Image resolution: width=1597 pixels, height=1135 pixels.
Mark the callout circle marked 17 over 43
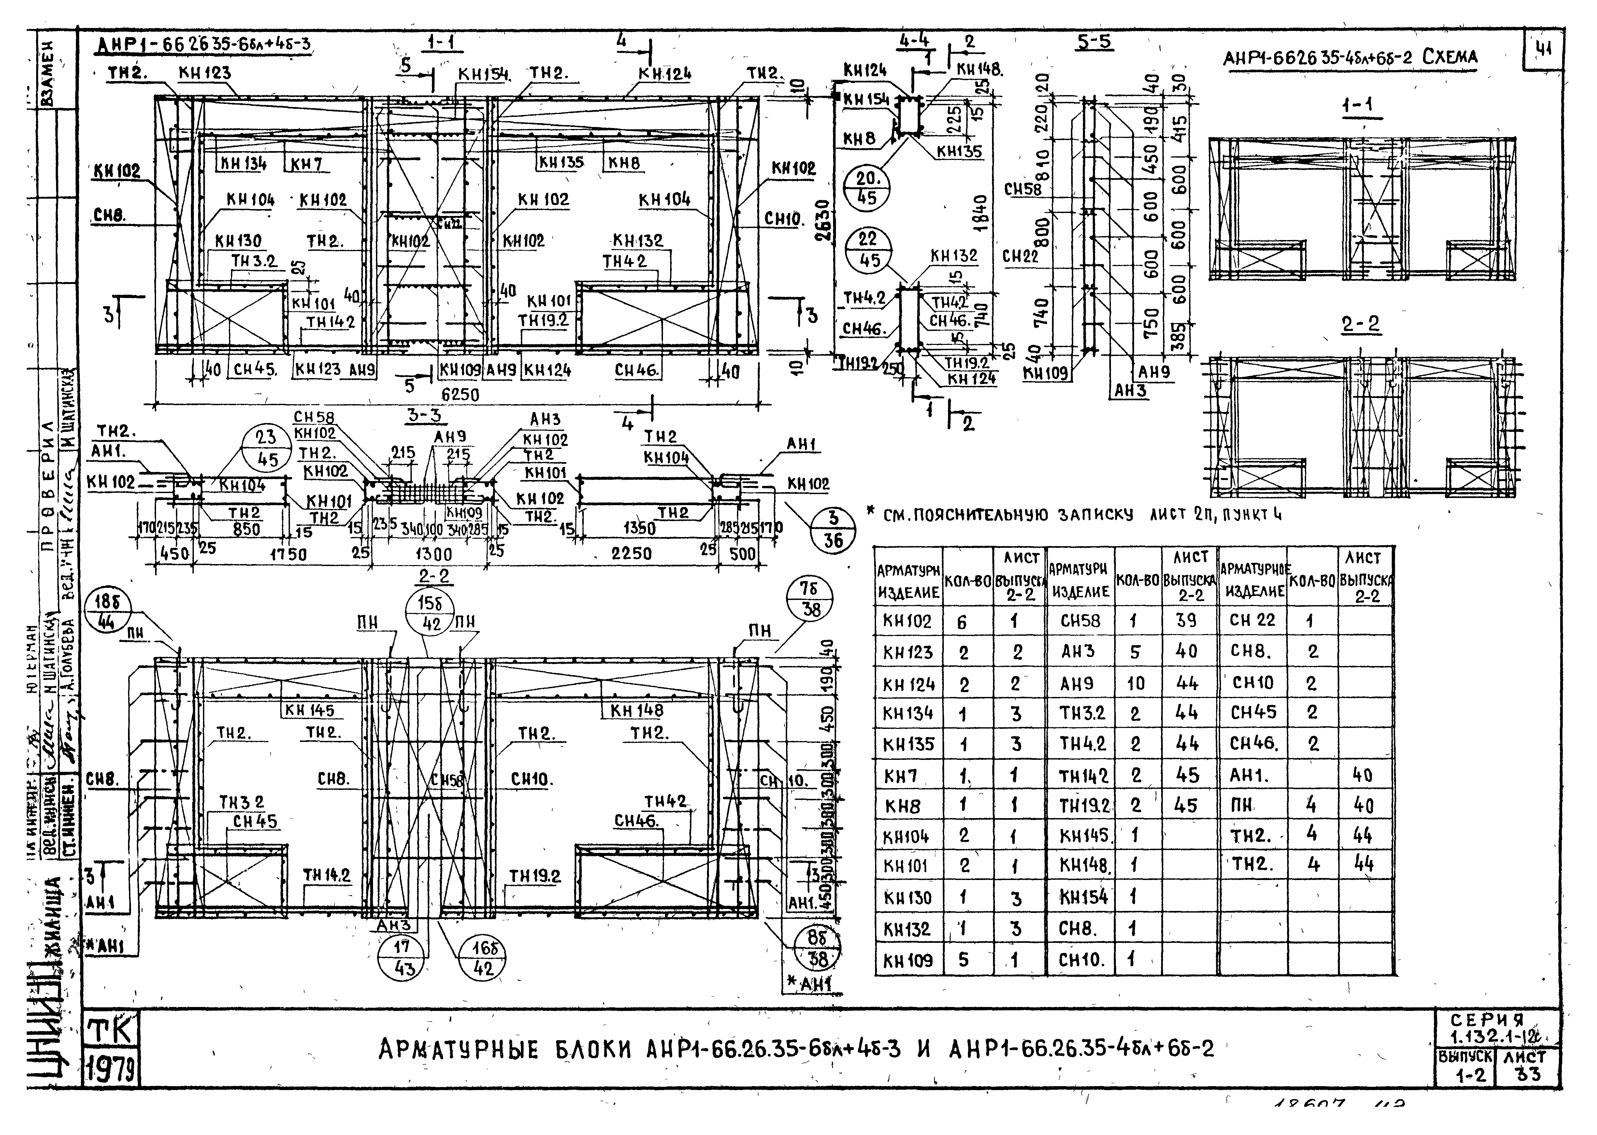point(404,958)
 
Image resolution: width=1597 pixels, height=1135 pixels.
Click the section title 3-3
point(424,415)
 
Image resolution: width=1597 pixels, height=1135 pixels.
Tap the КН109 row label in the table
point(907,960)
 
